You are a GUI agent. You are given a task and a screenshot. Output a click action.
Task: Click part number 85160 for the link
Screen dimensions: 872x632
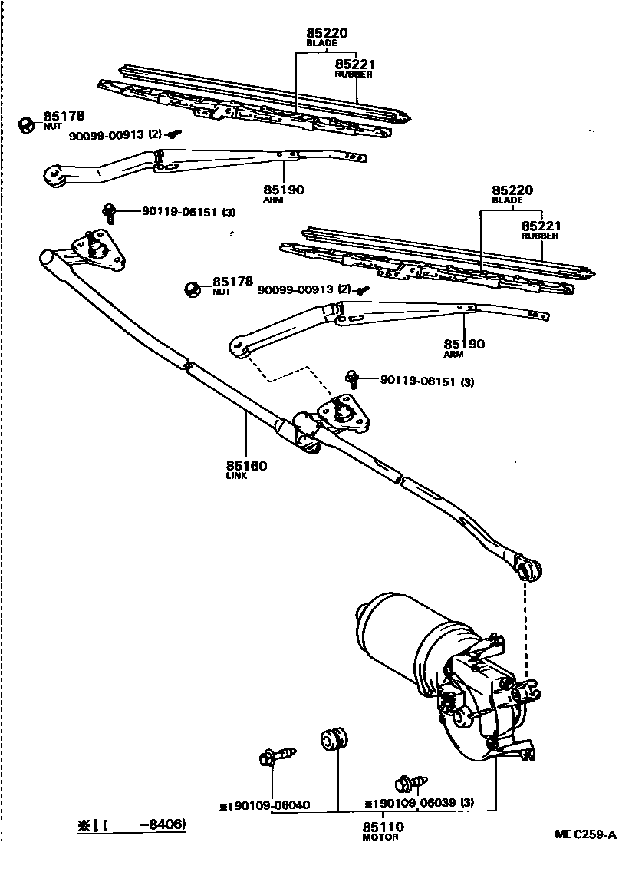pos(246,466)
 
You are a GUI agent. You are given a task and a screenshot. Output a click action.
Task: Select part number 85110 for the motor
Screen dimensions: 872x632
pos(383,827)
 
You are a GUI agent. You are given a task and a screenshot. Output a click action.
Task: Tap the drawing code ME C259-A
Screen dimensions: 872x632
pos(586,835)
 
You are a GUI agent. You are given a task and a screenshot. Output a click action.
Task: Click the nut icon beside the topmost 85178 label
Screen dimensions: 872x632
pos(25,123)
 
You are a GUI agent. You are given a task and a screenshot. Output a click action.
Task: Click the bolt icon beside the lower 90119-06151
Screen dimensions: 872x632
pos(354,378)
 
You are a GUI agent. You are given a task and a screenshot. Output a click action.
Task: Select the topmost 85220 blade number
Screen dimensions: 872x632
pos(327,33)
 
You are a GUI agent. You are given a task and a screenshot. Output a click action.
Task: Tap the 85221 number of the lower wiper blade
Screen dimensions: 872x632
pos(541,226)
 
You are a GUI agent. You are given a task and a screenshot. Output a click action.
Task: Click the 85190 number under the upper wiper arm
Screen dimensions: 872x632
pos(284,189)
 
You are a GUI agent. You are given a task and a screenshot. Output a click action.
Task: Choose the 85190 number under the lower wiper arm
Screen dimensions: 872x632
pos(464,345)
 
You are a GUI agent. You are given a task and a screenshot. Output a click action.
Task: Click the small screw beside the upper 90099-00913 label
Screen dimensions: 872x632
pos(174,134)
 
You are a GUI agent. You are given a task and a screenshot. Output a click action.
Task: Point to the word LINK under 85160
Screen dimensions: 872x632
pos(235,476)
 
